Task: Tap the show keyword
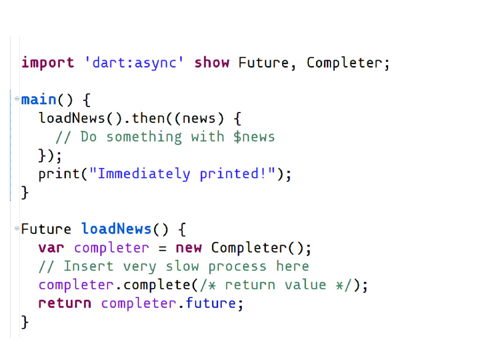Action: coord(212,63)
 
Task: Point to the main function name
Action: coord(39,100)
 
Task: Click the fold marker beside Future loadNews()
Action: coord(17,229)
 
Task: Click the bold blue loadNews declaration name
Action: coord(117,229)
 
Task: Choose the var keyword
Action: coord(52,247)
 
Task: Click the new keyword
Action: coord(188,247)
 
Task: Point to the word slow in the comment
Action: coord(182,266)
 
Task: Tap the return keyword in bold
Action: coord(65,303)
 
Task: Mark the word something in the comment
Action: coord(144,137)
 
